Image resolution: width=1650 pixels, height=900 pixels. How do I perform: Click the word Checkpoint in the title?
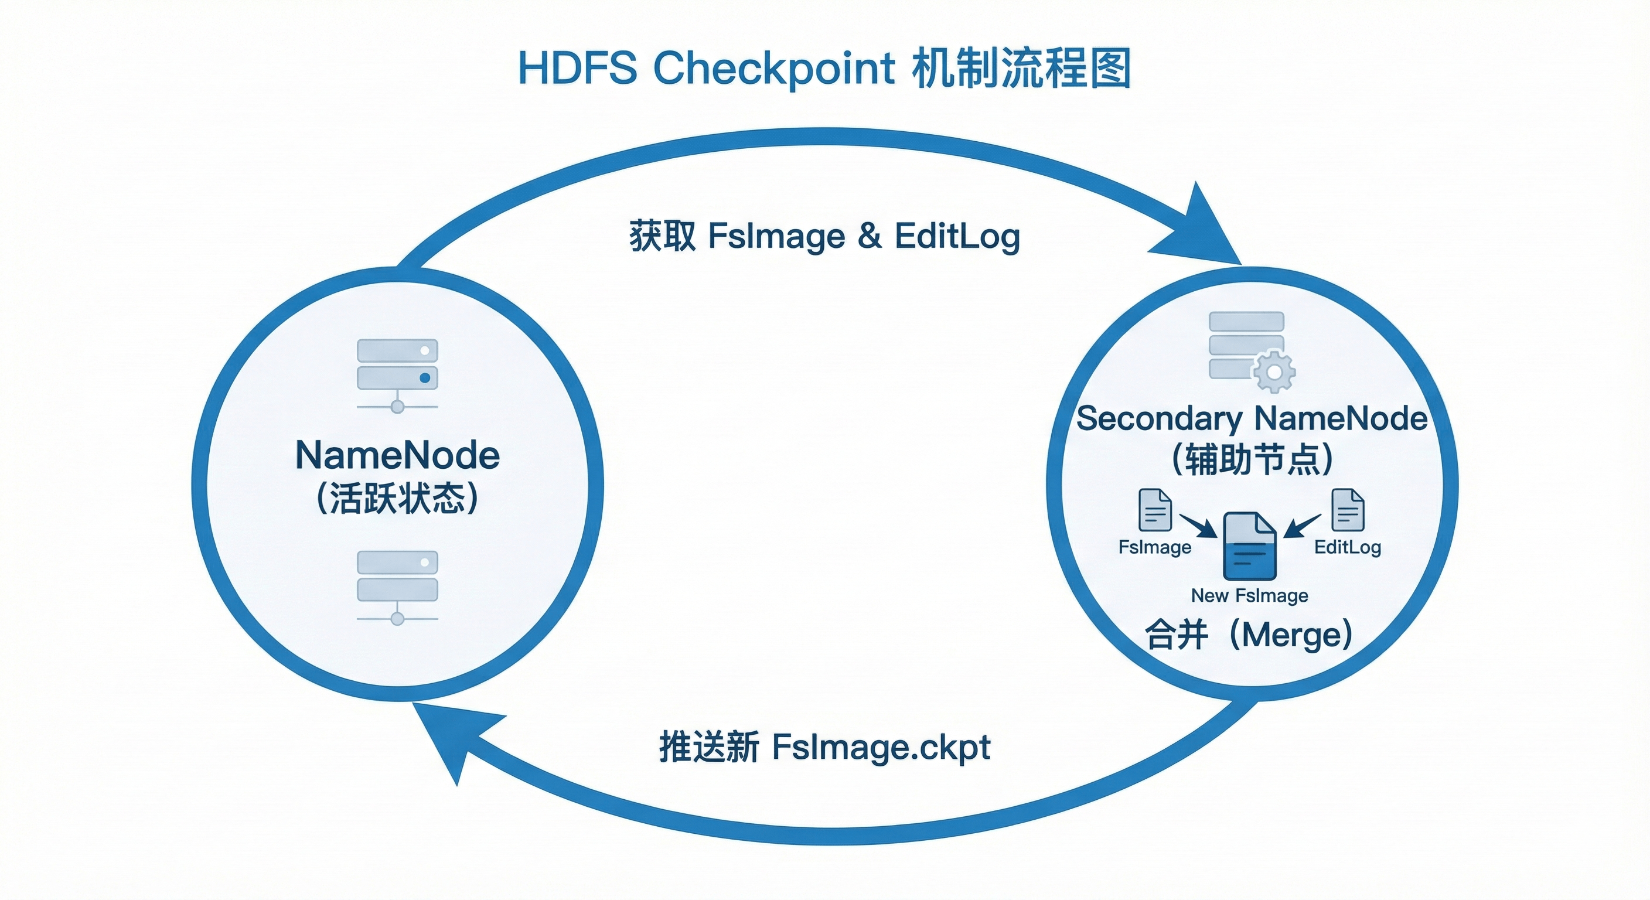(774, 68)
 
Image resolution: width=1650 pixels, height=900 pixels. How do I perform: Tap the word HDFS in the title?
(577, 68)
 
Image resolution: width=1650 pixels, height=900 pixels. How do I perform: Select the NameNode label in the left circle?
(397, 455)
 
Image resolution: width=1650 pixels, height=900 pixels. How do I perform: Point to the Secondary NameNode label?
(1252, 418)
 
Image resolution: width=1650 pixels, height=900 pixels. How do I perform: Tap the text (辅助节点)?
(1252, 459)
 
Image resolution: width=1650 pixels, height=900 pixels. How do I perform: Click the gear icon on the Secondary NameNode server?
(1274, 371)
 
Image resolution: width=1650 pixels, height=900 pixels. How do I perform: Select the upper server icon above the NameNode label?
(397, 376)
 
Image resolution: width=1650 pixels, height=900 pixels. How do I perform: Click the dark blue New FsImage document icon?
(1249, 546)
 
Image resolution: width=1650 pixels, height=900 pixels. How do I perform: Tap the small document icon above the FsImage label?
(1155, 510)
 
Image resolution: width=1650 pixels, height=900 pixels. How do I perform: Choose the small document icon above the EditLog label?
(1348, 510)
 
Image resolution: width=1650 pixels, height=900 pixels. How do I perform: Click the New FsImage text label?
(1249, 596)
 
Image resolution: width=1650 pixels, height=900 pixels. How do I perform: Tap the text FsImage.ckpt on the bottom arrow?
(881, 747)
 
